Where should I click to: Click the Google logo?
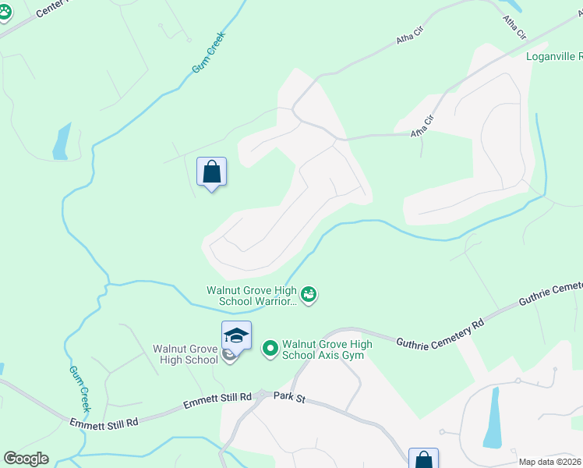(x=26, y=459)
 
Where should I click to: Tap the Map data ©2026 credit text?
(x=549, y=462)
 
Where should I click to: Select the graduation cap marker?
(x=236, y=336)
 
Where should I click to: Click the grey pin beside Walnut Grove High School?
(x=228, y=356)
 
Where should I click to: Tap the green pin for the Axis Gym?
(x=270, y=348)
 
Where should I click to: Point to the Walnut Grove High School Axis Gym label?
(x=327, y=349)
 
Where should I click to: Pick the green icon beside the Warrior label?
(x=309, y=295)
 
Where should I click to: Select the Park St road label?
(x=289, y=397)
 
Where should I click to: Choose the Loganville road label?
(x=553, y=56)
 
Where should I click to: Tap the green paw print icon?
(x=4, y=12)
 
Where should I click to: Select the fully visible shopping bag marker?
(x=211, y=172)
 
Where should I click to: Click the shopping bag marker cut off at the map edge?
(x=423, y=459)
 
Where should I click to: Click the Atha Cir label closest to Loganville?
(x=515, y=27)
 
